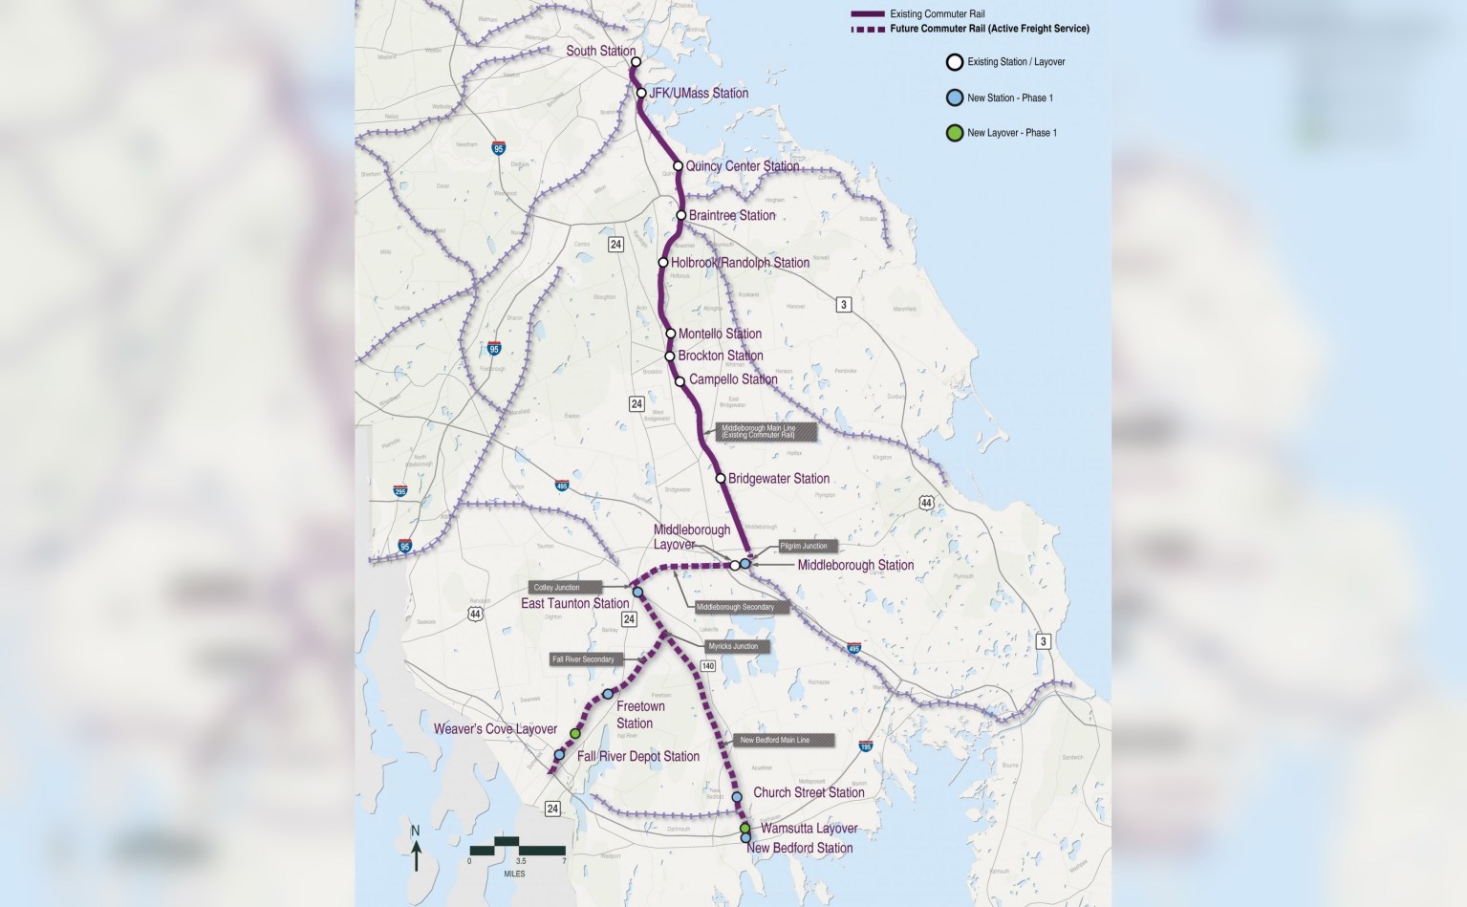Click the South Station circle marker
coord(636,62)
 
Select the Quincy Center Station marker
coord(678,166)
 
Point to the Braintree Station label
coord(732,215)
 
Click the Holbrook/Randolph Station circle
coord(663,263)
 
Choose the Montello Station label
coord(720,334)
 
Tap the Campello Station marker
coord(680,381)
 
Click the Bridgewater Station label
coord(778,478)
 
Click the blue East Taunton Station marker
coord(637,593)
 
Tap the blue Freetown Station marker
coord(607,694)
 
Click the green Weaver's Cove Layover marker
coord(575,733)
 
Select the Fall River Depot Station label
coord(637,756)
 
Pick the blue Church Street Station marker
coord(737,796)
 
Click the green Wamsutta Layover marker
coord(745,828)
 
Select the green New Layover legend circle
coord(954,133)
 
